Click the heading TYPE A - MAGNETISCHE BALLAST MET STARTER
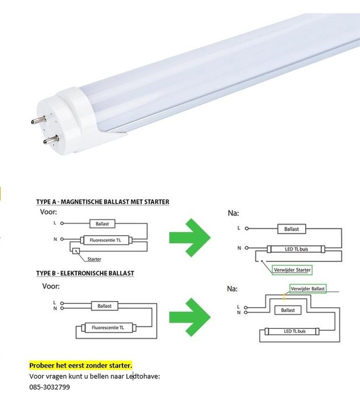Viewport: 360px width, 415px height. click(102, 202)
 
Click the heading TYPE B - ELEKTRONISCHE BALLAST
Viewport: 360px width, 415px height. click(85, 273)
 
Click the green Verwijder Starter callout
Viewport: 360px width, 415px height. click(292, 270)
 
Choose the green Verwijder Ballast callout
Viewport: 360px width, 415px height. click(308, 289)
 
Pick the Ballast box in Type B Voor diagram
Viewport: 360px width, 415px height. click(105, 305)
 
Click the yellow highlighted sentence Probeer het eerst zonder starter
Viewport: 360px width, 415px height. click(81, 366)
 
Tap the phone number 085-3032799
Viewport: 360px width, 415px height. click(49, 387)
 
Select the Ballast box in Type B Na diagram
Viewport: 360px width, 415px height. click(287, 310)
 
